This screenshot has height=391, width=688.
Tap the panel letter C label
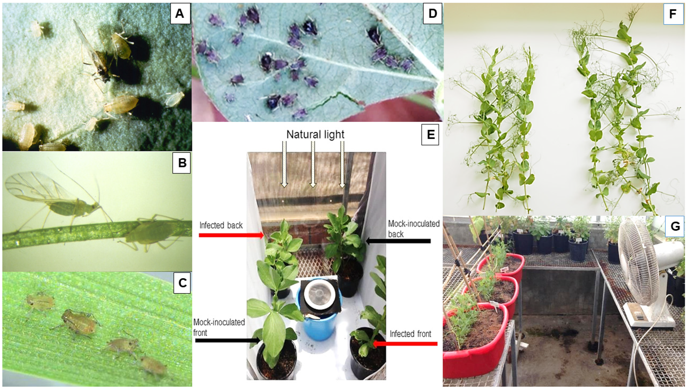[182, 283]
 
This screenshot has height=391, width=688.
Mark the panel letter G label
[675, 226]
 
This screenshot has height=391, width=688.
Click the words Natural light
[315, 134]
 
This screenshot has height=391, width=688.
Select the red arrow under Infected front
[405, 344]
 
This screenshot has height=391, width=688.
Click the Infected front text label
[410, 334]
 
